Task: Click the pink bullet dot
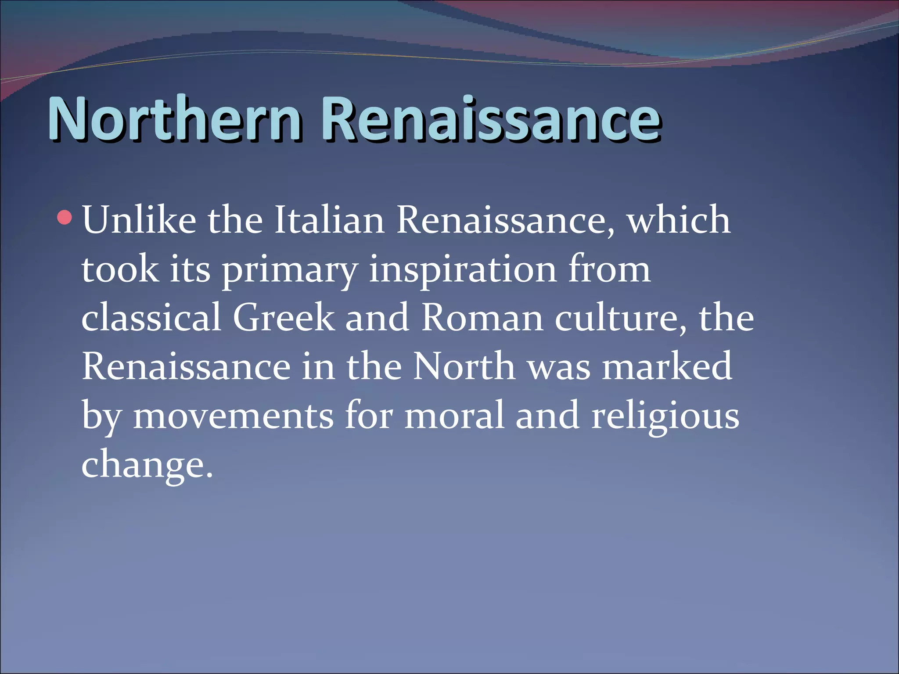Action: (x=65, y=218)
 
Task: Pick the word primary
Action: (x=290, y=270)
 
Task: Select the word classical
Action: (x=151, y=318)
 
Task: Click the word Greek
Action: (x=284, y=318)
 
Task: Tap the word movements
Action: (x=233, y=416)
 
